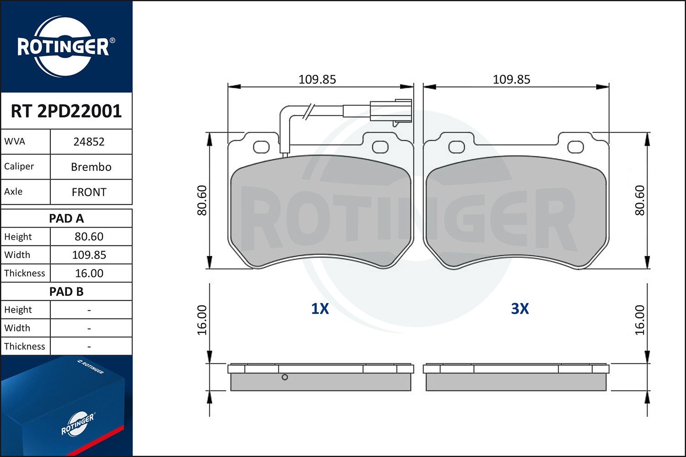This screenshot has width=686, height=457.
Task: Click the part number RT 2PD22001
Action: coord(66,111)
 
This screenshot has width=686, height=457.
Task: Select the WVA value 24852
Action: coord(89,142)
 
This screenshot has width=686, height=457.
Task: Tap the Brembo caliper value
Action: coord(91,167)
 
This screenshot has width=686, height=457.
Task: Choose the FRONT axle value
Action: coord(89,192)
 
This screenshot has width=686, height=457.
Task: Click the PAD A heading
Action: coord(66,218)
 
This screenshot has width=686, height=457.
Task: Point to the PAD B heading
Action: coord(66,292)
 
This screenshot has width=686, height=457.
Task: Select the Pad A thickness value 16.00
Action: coord(89,273)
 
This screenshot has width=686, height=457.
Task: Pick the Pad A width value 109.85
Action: coord(89,255)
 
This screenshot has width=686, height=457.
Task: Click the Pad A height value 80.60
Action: coord(89,237)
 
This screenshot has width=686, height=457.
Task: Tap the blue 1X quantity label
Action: coord(320,309)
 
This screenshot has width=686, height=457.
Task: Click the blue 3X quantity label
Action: coord(520,309)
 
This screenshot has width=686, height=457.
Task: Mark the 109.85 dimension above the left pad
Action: coord(317,80)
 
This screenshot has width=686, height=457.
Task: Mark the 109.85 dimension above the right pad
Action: coord(511,80)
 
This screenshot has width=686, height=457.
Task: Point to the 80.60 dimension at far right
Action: coord(639,200)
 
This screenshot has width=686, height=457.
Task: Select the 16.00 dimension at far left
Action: coord(202,320)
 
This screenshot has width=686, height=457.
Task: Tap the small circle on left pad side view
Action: coord(284,377)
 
